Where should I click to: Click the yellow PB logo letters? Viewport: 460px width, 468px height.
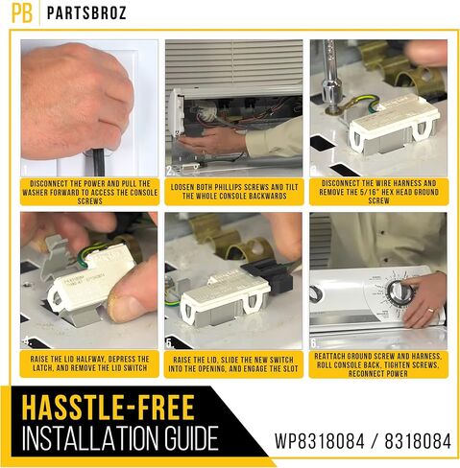pyautogui.click(x=22, y=13)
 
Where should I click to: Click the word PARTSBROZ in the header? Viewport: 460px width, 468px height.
pyautogui.click(x=86, y=13)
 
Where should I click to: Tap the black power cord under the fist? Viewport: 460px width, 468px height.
pyautogui.click(x=98, y=162)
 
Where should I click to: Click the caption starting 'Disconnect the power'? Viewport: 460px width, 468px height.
pyautogui.click(x=90, y=193)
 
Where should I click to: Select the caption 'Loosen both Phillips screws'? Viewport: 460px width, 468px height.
pyautogui.click(x=234, y=192)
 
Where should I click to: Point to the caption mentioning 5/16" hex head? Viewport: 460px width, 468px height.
pyautogui.click(x=378, y=192)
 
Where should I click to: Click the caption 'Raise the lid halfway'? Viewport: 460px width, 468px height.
pyautogui.click(x=89, y=363)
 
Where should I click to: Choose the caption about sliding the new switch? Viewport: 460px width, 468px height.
pyautogui.click(x=233, y=364)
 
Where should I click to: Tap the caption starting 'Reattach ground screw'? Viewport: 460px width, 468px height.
pyautogui.click(x=378, y=364)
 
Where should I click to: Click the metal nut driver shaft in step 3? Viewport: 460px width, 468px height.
pyautogui.click(x=330, y=75)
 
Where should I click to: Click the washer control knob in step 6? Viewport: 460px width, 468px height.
pyautogui.click(x=398, y=292)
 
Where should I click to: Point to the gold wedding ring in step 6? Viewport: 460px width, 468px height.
pyautogui.click(x=431, y=310)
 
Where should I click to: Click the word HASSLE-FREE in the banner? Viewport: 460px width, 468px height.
pyautogui.click(x=109, y=408)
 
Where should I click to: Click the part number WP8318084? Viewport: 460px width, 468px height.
pyautogui.click(x=320, y=441)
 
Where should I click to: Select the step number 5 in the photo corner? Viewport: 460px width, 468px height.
pyautogui.click(x=170, y=343)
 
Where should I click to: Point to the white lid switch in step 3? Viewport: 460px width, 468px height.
pyautogui.click(x=395, y=123)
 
